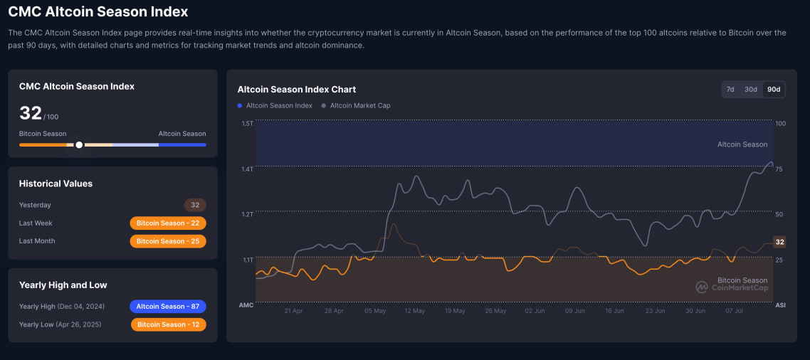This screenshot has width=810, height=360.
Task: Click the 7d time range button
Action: pyautogui.click(x=730, y=89)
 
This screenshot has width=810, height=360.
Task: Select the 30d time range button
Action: pyautogui.click(x=750, y=89)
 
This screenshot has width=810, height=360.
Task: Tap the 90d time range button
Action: pyautogui.click(x=773, y=89)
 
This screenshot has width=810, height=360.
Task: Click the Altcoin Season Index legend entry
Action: pyautogui.click(x=279, y=106)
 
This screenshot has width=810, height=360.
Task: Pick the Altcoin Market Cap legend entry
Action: pyautogui.click(x=359, y=106)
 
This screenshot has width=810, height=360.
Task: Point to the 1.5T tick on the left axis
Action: pyautogui.click(x=247, y=124)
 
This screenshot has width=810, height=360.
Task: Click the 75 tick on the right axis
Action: pyautogui.click(x=779, y=169)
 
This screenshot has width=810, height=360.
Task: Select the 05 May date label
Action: pyautogui.click(x=374, y=311)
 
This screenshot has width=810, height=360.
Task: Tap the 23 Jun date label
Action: pyautogui.click(x=655, y=311)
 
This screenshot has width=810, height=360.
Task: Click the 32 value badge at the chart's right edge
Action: pyautogui.click(x=779, y=242)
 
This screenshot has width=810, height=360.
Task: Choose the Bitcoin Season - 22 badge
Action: pyautogui.click(x=168, y=223)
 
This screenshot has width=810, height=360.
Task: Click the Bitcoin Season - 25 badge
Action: pyautogui.click(x=168, y=241)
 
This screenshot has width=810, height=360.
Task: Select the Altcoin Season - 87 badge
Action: pyautogui.click(x=168, y=307)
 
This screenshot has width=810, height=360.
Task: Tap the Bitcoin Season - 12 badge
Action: pyautogui.click(x=169, y=324)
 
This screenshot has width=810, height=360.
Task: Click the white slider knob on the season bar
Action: pyautogui.click(x=79, y=144)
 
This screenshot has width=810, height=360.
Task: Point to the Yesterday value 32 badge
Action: pyautogui.click(x=195, y=205)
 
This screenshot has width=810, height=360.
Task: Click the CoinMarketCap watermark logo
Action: pyautogui.click(x=732, y=287)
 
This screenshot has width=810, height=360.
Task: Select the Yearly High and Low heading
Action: pyautogui.click(x=63, y=285)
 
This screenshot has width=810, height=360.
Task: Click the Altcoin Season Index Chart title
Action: pyautogui.click(x=296, y=90)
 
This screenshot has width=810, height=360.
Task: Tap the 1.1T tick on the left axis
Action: pyautogui.click(x=247, y=260)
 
